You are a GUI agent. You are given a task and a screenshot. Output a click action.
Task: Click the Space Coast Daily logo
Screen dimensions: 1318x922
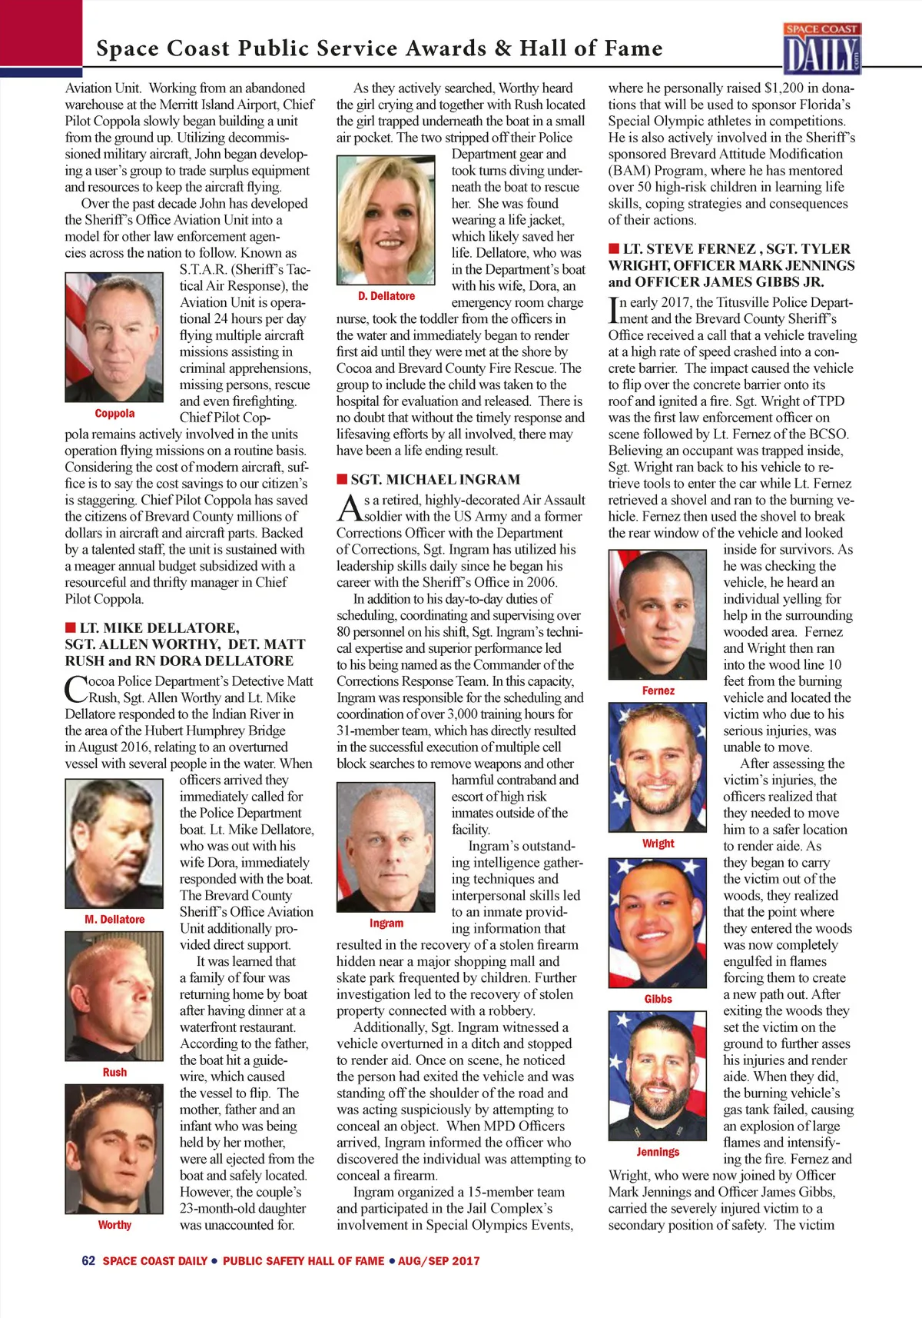click(x=822, y=48)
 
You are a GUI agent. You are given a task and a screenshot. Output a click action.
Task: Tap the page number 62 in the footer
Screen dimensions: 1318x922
click(x=88, y=1260)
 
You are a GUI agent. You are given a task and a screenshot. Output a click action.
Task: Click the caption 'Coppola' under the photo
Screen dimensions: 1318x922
click(x=114, y=414)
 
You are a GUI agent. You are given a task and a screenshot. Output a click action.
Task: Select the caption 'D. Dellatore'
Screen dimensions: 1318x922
click(x=386, y=296)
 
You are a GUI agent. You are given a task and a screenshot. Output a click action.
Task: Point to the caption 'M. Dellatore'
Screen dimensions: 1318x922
click(x=114, y=920)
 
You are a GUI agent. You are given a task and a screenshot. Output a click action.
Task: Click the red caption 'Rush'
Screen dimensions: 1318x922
click(x=114, y=1072)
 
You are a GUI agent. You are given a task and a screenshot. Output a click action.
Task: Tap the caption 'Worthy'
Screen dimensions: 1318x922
click(x=114, y=1225)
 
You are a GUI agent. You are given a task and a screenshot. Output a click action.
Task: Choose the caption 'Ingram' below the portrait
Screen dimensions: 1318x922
click(x=386, y=923)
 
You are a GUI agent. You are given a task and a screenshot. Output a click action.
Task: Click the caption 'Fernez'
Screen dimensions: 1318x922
click(x=658, y=691)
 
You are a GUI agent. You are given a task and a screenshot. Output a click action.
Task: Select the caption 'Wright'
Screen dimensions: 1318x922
click(x=658, y=844)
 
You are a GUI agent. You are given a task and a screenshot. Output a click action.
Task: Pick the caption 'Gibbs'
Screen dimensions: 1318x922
click(x=658, y=999)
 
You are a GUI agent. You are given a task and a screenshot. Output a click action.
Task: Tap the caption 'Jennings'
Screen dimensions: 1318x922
click(x=658, y=1152)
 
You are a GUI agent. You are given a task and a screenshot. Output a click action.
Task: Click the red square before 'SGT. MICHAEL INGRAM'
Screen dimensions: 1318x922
click(x=342, y=479)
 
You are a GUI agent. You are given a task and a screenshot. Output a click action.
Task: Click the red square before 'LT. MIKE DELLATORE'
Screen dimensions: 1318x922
click(x=70, y=627)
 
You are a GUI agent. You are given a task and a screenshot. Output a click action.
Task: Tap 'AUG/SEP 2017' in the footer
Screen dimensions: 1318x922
click(x=439, y=1261)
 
